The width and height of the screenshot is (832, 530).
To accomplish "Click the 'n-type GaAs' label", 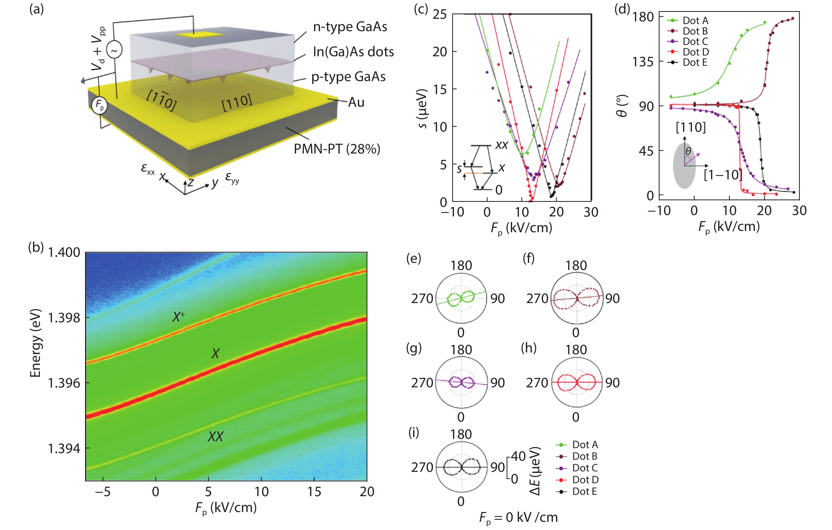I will pos(350,27).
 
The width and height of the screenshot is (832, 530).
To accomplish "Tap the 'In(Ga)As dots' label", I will pos(353,52).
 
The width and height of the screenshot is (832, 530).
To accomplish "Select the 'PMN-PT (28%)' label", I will pos(336,149).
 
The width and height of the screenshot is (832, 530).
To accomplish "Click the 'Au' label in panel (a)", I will pos(356,102).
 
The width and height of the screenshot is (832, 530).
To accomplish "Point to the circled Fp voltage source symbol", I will pos(99,105).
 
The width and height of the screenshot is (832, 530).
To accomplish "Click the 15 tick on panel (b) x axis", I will pos(314,492).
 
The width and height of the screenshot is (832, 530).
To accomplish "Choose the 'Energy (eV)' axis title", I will pos(36,343).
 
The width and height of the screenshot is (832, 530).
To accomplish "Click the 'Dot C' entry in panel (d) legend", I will pos(695,41).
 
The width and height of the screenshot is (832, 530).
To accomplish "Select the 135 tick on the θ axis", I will pos(643,62).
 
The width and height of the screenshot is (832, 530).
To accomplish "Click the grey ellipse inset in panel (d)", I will pos(684,166).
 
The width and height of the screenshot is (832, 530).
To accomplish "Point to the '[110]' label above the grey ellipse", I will pos(691,128).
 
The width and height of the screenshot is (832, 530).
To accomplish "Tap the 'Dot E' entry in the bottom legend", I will pos(584,491).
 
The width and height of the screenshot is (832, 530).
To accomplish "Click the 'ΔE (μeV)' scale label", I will pos(535,471).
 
